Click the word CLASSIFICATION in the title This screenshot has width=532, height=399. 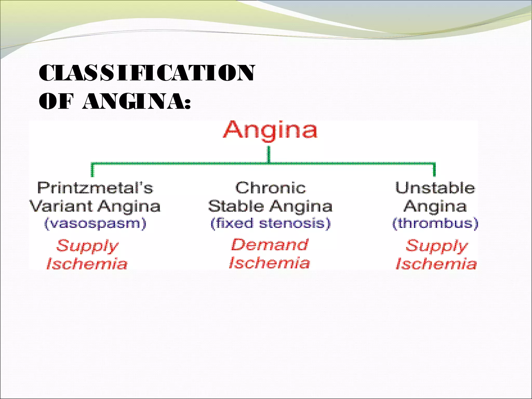[147, 73]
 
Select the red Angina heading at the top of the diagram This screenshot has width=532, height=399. [270, 130]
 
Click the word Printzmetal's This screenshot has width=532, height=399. [95, 188]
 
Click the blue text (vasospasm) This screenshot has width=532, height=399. [95, 223]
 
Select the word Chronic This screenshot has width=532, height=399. [270, 188]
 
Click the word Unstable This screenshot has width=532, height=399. [435, 188]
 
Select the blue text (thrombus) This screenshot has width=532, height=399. [435, 223]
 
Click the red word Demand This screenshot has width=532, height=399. [270, 245]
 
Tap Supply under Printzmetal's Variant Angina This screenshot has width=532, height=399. [87, 246]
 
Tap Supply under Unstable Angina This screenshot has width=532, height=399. [436, 246]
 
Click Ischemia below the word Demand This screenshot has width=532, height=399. [270, 263]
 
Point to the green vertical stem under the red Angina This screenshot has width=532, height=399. [269, 155]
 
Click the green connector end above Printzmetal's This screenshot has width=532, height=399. [92, 170]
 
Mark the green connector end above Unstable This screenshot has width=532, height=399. [434, 170]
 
